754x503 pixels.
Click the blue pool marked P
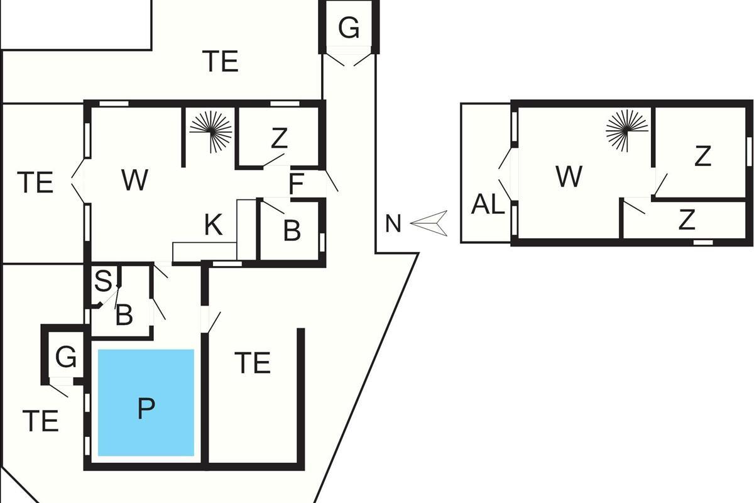tap(146, 402)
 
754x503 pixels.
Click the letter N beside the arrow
tap(393, 224)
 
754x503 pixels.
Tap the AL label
tap(488, 205)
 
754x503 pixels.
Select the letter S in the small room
tap(102, 281)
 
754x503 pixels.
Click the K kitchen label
tap(214, 225)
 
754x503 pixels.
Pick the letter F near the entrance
tap(296, 185)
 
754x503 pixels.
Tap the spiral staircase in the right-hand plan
tap(626, 130)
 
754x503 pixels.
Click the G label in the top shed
tap(349, 28)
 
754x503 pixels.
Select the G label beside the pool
tap(66, 357)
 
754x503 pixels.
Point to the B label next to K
tap(292, 231)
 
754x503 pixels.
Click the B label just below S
tap(124, 315)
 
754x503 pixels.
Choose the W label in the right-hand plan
tap(569, 177)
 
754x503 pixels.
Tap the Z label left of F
tap(279, 139)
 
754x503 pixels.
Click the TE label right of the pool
tap(252, 363)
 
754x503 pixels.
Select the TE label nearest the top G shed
tap(221, 62)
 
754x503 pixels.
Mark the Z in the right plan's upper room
tap(702, 156)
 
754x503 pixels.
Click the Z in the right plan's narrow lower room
tap(687, 220)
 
